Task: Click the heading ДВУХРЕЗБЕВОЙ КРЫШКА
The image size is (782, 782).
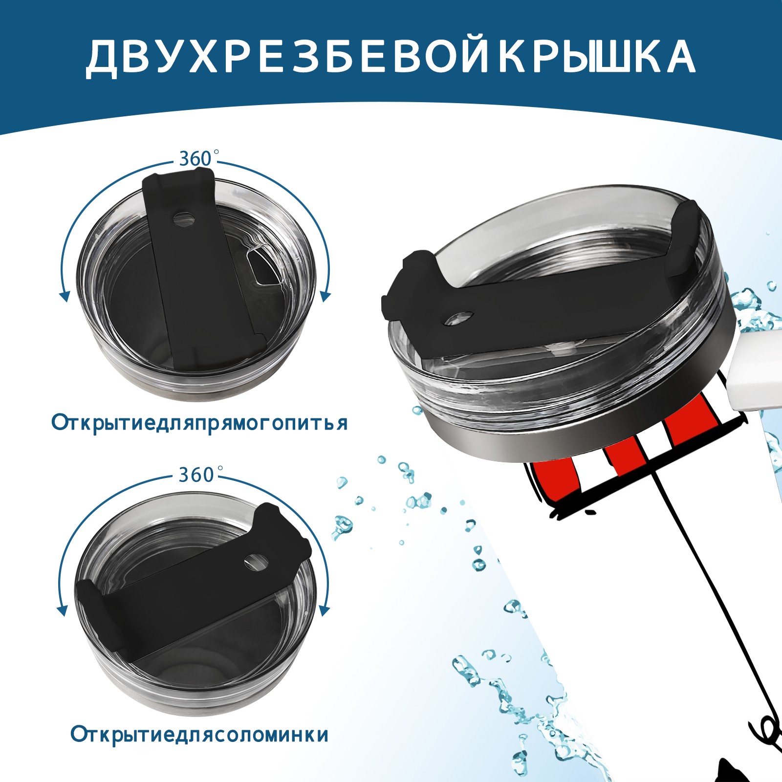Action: point(390,57)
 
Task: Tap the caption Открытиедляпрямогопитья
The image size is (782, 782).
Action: point(199,423)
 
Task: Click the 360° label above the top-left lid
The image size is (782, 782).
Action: point(196,159)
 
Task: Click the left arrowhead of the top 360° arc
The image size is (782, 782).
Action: point(63,296)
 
